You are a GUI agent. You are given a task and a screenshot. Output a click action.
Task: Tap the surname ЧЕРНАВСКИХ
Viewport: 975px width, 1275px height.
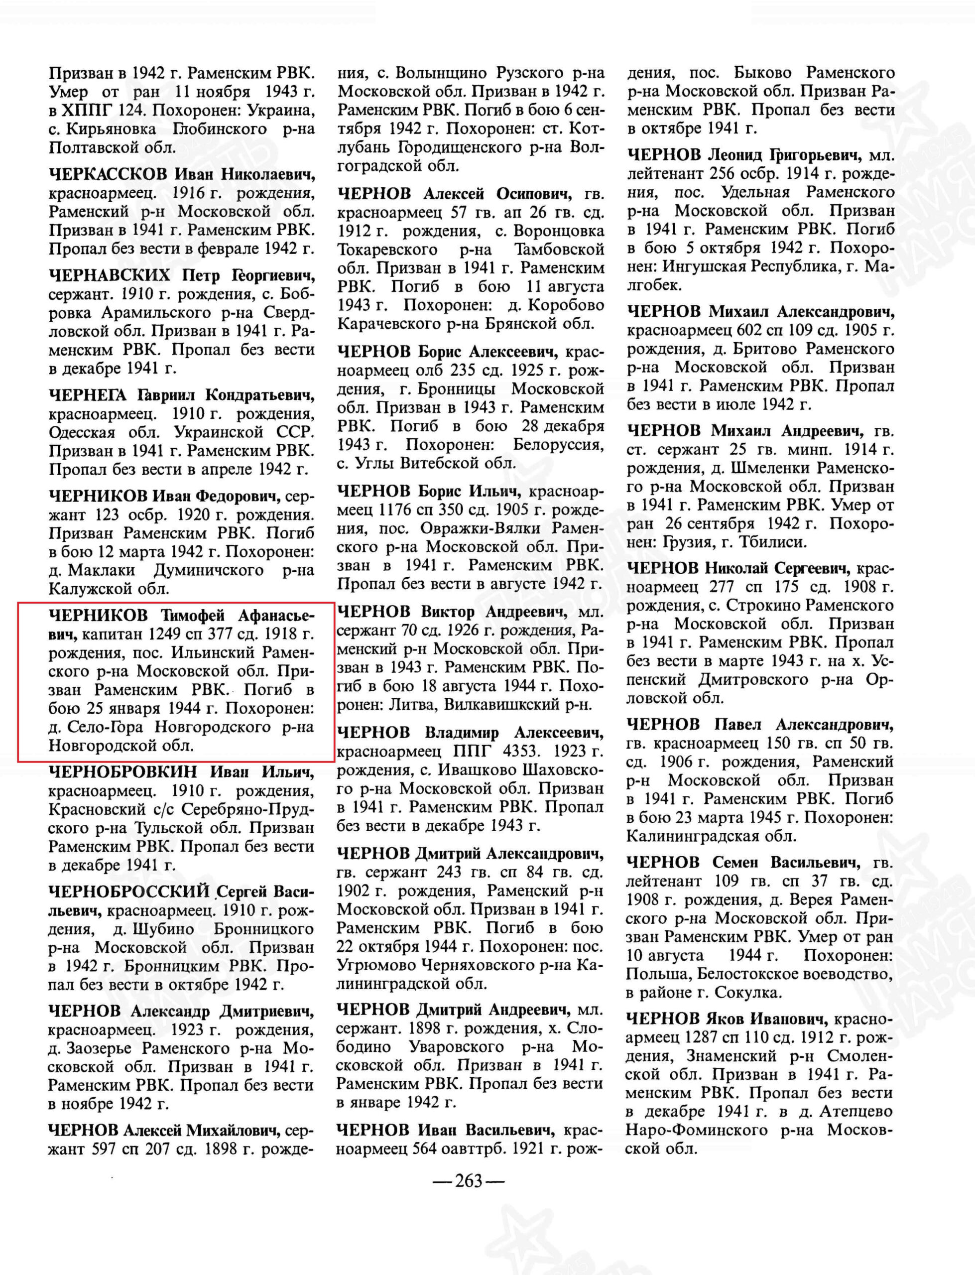pos(110,274)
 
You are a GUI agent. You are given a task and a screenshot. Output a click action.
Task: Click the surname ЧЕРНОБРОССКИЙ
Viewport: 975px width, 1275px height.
pos(129,892)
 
